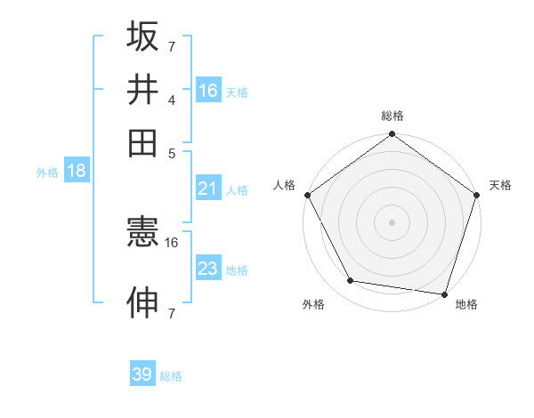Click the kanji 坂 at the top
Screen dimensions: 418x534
[143, 37]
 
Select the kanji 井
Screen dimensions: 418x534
[143, 90]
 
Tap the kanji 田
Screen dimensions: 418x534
[143, 142]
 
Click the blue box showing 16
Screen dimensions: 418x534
[208, 91]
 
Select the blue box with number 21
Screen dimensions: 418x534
[208, 189]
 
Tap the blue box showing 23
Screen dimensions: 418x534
[208, 269]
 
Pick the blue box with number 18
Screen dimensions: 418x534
[77, 172]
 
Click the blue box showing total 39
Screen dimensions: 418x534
[142, 374]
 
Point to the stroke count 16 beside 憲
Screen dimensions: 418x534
[172, 242]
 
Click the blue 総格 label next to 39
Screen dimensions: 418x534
[171, 376]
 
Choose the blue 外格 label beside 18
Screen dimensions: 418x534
[47, 173]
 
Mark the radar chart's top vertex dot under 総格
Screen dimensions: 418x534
[392, 135]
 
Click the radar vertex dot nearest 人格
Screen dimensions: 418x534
[308, 195]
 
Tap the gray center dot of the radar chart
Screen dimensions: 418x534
[392, 221]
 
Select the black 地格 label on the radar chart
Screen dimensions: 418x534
[466, 305]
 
